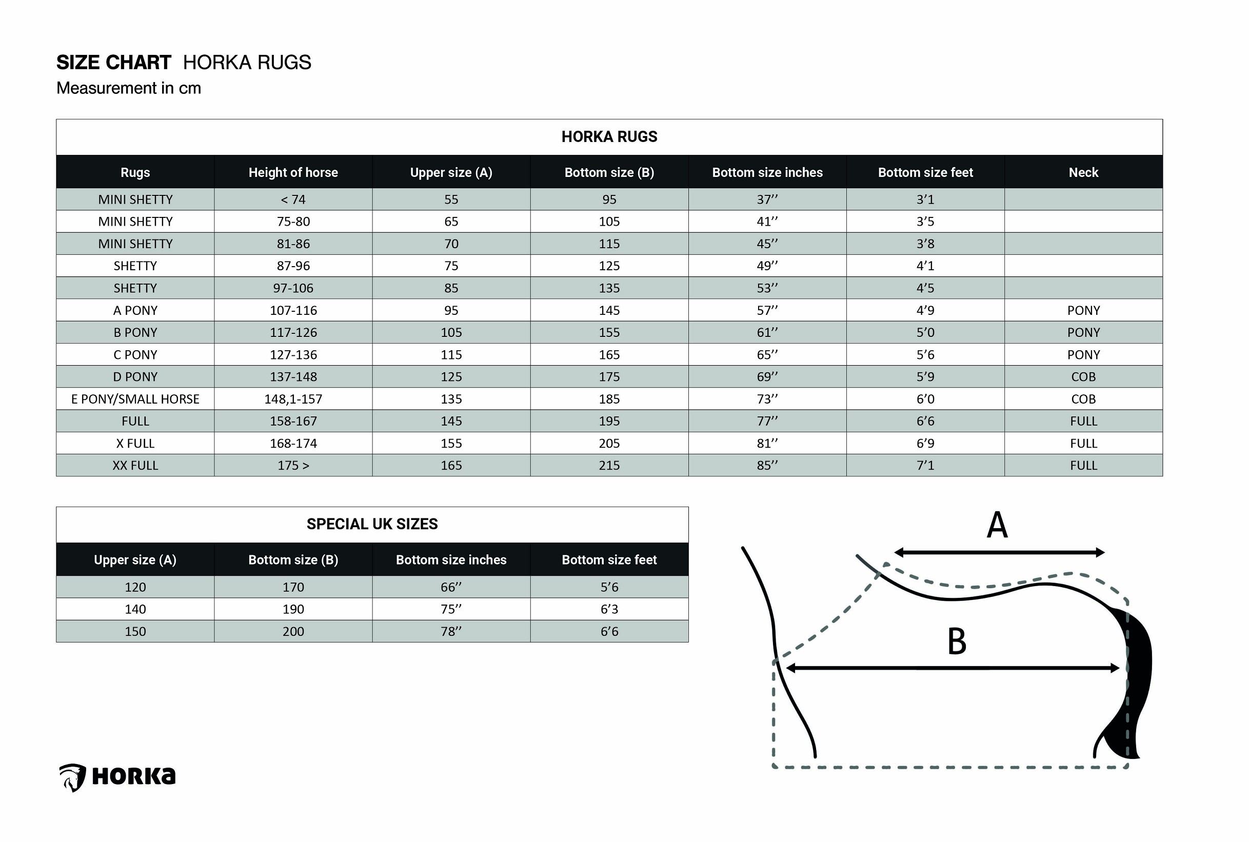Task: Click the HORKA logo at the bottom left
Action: [117, 776]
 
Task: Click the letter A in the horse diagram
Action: [997, 525]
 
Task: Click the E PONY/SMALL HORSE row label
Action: [135, 399]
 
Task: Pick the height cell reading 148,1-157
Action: [293, 399]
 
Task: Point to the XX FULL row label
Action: [135, 466]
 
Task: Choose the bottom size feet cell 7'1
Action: [925, 466]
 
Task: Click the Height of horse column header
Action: [293, 172]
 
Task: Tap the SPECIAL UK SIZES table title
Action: [372, 524]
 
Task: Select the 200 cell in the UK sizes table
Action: [293, 632]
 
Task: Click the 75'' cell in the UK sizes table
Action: [451, 610]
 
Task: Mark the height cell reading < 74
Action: [293, 200]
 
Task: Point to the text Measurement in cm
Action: [129, 88]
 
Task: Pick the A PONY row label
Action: [135, 310]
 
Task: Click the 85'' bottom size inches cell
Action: [767, 466]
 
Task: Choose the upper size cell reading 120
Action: [135, 588]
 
